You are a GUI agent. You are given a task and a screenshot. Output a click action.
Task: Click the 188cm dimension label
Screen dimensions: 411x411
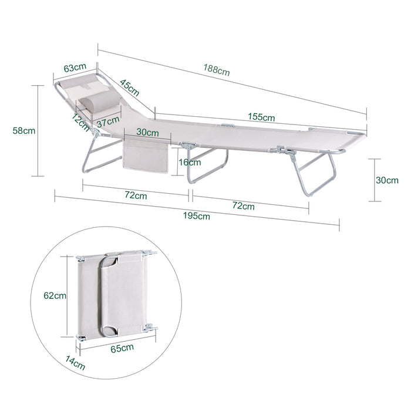click(217, 70)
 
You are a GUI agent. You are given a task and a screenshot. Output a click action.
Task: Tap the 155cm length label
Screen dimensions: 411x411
click(261, 117)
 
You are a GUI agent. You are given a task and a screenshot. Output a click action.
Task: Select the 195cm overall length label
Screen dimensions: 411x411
click(196, 216)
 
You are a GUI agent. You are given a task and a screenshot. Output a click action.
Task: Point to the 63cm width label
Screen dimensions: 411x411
click(75, 68)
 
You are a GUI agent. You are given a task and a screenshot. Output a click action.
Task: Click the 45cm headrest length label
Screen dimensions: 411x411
click(130, 87)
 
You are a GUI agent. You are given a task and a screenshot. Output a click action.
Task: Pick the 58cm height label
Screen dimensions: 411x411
click(24, 130)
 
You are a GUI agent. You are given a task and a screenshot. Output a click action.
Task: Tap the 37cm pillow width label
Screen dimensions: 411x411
click(108, 122)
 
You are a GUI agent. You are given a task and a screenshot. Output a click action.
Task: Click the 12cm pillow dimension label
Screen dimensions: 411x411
click(81, 122)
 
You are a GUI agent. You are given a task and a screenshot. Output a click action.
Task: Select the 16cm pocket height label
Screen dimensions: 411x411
click(190, 162)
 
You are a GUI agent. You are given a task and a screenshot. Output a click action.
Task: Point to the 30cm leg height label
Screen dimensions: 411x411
click(387, 180)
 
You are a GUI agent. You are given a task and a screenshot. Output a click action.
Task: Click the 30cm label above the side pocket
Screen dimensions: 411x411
click(147, 132)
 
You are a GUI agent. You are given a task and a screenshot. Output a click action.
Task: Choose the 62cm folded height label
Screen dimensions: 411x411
click(55, 296)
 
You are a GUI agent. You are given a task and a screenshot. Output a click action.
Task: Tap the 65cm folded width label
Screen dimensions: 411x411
click(122, 348)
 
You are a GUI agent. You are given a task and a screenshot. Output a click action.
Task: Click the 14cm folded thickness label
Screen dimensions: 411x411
click(75, 363)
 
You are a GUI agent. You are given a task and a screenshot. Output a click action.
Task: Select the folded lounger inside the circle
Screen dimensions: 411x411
click(117, 295)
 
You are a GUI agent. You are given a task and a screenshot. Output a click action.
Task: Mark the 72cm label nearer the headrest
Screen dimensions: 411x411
click(136, 196)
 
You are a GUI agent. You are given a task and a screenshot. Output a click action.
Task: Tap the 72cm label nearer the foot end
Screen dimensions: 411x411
click(243, 206)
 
